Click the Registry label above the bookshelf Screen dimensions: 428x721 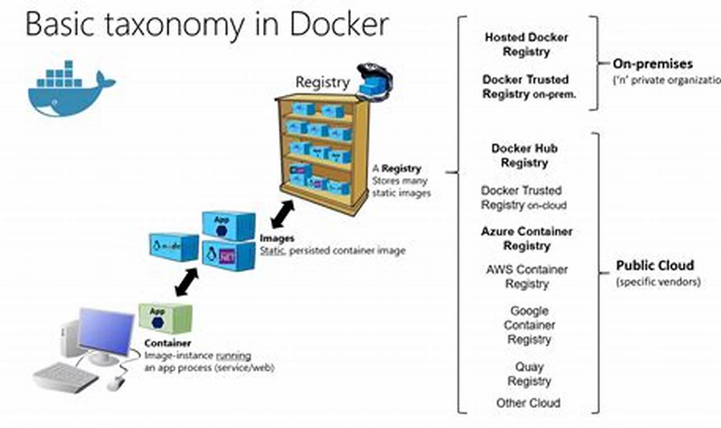(x=322, y=82)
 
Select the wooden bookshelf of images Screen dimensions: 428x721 (x=323, y=152)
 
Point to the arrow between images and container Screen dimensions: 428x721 (x=186, y=282)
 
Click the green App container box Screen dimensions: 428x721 (x=166, y=319)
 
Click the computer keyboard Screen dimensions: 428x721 (x=66, y=376)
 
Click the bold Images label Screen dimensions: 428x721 (x=277, y=239)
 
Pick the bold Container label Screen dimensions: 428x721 (x=167, y=343)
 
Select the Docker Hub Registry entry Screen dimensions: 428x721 (x=524, y=155)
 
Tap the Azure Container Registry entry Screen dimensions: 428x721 (x=527, y=238)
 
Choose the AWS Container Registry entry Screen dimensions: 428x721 (x=527, y=277)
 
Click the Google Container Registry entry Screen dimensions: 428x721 (x=529, y=325)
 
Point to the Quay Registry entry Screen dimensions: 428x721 (x=529, y=374)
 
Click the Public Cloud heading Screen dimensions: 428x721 (x=655, y=265)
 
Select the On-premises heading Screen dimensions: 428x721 (x=652, y=64)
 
